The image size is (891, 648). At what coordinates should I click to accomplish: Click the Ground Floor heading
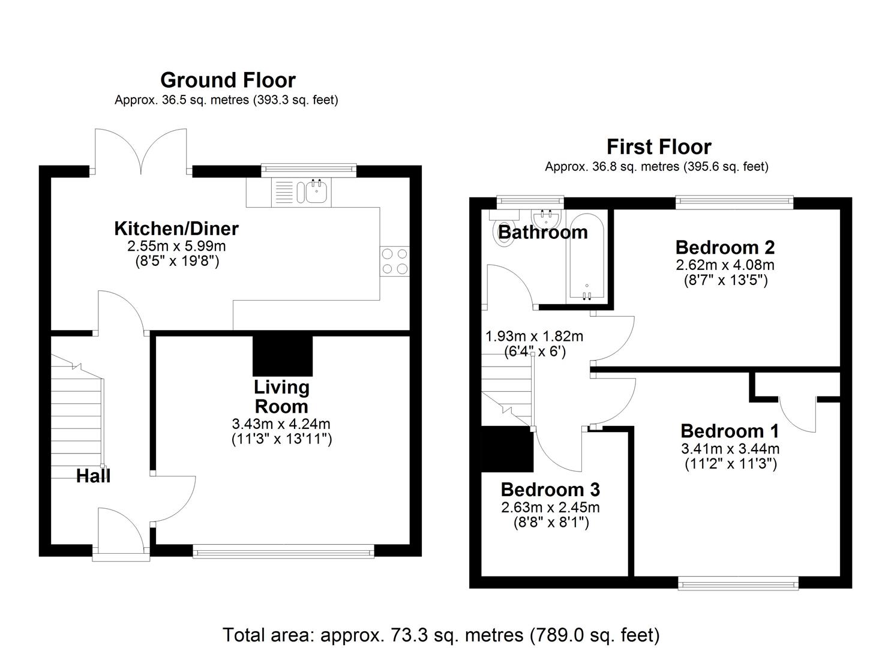click(227, 80)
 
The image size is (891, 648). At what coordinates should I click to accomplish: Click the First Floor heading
click(658, 146)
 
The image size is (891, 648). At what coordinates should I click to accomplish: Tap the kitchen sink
click(316, 192)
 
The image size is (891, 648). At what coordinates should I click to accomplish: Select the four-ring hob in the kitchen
click(394, 262)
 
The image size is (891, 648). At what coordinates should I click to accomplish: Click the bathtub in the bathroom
click(586, 257)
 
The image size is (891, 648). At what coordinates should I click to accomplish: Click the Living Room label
click(281, 397)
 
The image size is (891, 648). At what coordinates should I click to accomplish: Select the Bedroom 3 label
click(550, 490)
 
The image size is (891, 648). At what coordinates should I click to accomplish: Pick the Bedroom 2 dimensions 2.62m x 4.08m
click(725, 265)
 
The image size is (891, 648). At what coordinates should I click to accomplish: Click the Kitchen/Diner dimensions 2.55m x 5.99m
click(176, 246)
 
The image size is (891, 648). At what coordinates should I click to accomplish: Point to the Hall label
click(93, 476)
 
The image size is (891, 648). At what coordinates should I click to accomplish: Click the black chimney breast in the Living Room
click(283, 355)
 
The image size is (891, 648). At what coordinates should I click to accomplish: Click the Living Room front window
click(283, 551)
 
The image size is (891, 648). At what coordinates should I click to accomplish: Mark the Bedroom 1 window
click(738, 582)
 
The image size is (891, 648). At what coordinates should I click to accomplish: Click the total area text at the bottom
click(441, 634)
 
